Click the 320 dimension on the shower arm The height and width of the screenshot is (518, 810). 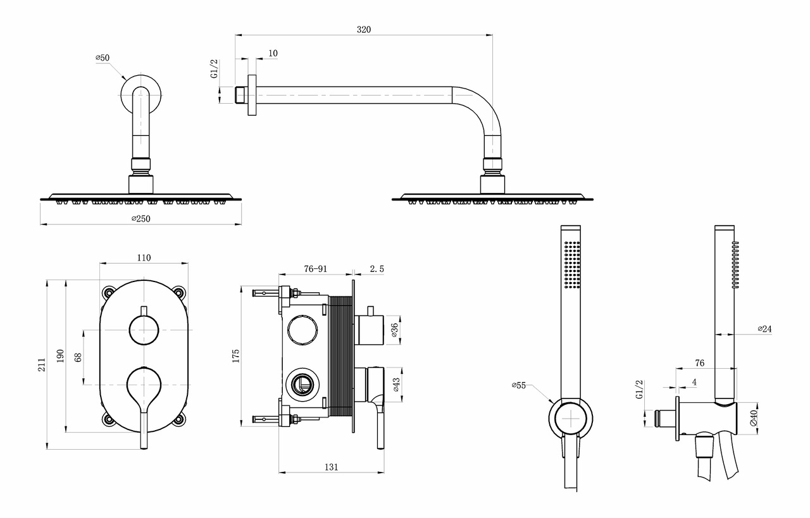point(363,29)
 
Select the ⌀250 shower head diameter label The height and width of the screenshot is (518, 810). point(141,218)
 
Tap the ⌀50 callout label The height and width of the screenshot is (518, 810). point(103,58)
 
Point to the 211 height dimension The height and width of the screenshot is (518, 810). point(41,364)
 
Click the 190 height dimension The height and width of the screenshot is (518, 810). point(60,355)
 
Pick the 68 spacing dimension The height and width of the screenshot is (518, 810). point(78,357)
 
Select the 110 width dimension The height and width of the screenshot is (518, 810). point(144,257)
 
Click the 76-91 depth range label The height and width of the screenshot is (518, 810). point(315,269)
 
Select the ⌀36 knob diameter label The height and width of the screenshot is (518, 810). point(394,330)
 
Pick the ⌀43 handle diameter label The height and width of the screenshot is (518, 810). point(395,385)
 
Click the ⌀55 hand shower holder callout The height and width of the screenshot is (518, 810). point(520,385)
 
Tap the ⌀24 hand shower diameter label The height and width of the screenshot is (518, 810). point(764,329)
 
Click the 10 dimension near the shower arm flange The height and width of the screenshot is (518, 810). point(273,53)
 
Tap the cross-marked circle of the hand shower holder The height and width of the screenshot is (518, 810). point(571,419)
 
